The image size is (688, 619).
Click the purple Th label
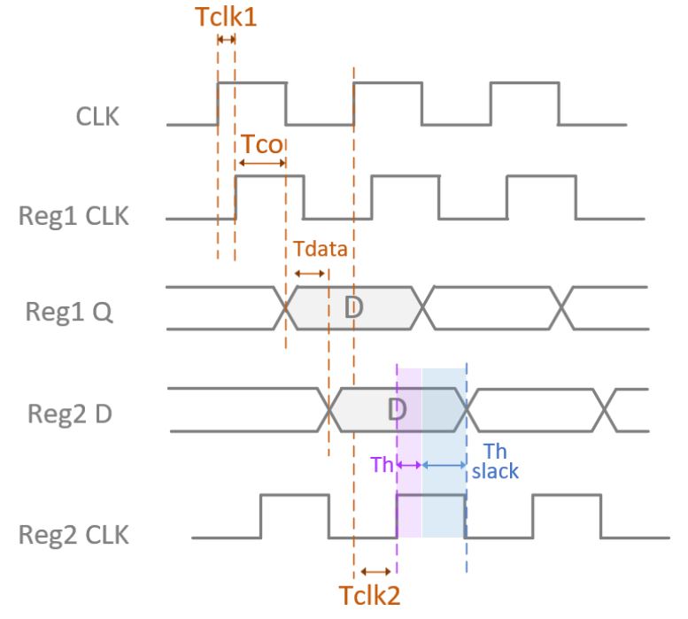(x=381, y=464)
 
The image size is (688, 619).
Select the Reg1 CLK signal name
(x=73, y=216)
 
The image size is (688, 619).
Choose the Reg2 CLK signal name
(x=73, y=535)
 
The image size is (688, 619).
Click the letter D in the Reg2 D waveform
(x=397, y=409)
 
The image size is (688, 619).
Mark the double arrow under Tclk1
(x=226, y=39)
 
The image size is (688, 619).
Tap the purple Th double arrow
(x=409, y=464)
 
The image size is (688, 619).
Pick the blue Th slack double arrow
(x=444, y=464)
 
